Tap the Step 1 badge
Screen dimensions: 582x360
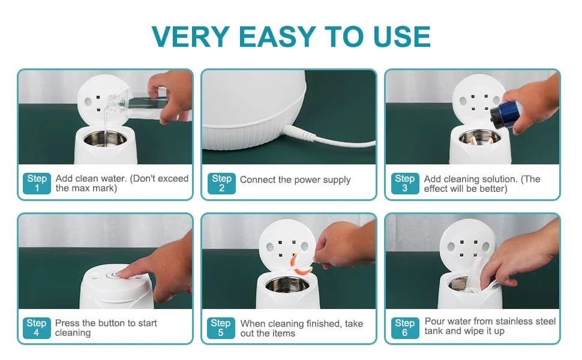coord(37,184)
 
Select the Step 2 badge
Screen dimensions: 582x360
coord(221,184)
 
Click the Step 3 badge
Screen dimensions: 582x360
coord(405,184)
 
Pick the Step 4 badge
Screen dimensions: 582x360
coord(37,328)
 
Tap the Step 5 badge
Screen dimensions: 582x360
coord(221,328)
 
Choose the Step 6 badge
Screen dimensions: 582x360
coord(405,328)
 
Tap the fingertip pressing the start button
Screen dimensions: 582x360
coord(124,274)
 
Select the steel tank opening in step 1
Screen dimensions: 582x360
coord(105,139)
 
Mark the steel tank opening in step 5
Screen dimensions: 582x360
coord(287,284)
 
